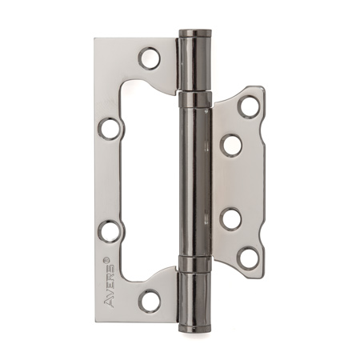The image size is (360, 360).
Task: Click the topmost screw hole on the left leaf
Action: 150,58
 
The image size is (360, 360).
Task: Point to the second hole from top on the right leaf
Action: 233,144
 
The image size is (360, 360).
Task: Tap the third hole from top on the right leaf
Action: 232,218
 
